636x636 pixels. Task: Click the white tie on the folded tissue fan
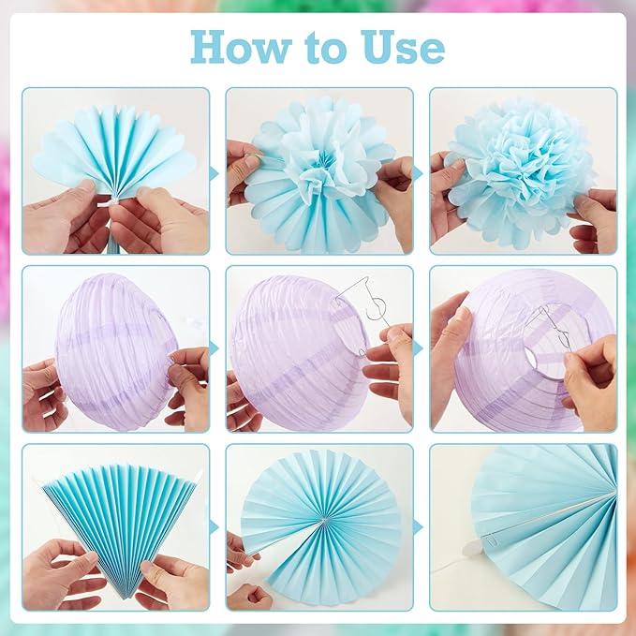point(109,202)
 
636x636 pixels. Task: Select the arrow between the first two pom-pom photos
point(214,174)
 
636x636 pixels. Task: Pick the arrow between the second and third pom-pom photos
point(418,174)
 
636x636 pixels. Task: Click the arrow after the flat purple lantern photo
point(214,348)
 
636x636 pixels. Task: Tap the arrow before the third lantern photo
point(418,348)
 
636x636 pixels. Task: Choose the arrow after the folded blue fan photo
point(214,527)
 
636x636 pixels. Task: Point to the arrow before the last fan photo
point(418,527)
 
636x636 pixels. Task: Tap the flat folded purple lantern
point(115,351)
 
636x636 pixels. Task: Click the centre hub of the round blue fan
point(323,520)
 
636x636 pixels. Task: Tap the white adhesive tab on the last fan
point(472,548)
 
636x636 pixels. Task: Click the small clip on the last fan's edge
point(491,540)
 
